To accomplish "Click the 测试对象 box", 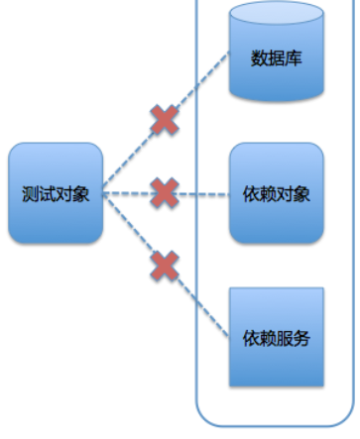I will pos(56,193).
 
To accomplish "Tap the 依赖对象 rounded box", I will pos(276,193).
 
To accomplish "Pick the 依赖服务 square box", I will pos(276,337).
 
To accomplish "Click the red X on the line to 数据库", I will pos(164,120).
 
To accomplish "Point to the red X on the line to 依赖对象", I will pos(164,192).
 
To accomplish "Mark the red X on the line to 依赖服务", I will pos(164,266).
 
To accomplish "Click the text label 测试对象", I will pos(56,193).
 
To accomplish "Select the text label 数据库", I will pos(276,58).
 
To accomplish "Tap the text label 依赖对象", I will pos(276,193).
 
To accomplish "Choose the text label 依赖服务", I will pos(276,338).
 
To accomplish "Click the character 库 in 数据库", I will pos(294,58).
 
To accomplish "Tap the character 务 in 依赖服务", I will pos(302,338).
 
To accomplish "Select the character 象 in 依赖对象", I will pos(302,193).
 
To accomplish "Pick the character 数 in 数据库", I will pos(259,58).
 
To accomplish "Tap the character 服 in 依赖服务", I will pos(285,338).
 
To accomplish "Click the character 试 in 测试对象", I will pos(47,193).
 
